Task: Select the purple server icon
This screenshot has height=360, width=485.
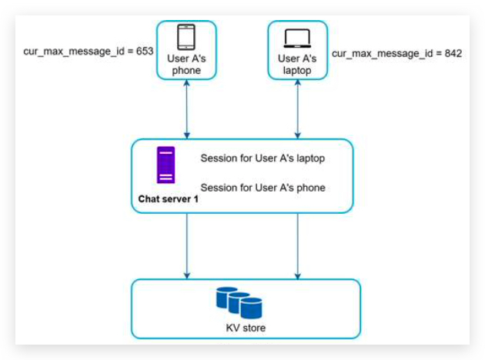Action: tap(166, 165)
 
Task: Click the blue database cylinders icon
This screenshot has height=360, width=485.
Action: tap(239, 302)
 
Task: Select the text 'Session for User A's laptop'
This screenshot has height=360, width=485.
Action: tap(263, 159)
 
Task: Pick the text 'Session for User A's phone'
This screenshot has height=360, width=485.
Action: tap(263, 188)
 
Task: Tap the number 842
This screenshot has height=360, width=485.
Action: tap(451, 55)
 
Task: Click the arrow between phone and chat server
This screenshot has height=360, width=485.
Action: tap(186, 108)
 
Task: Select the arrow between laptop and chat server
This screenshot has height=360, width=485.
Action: tap(297, 108)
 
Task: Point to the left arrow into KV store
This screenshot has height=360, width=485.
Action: tap(186, 245)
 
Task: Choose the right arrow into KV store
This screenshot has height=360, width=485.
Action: tap(297, 245)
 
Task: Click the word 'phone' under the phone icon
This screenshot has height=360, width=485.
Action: tap(186, 71)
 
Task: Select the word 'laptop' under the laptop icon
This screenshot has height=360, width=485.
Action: tap(297, 71)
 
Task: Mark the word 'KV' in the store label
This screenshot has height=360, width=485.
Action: tap(232, 328)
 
